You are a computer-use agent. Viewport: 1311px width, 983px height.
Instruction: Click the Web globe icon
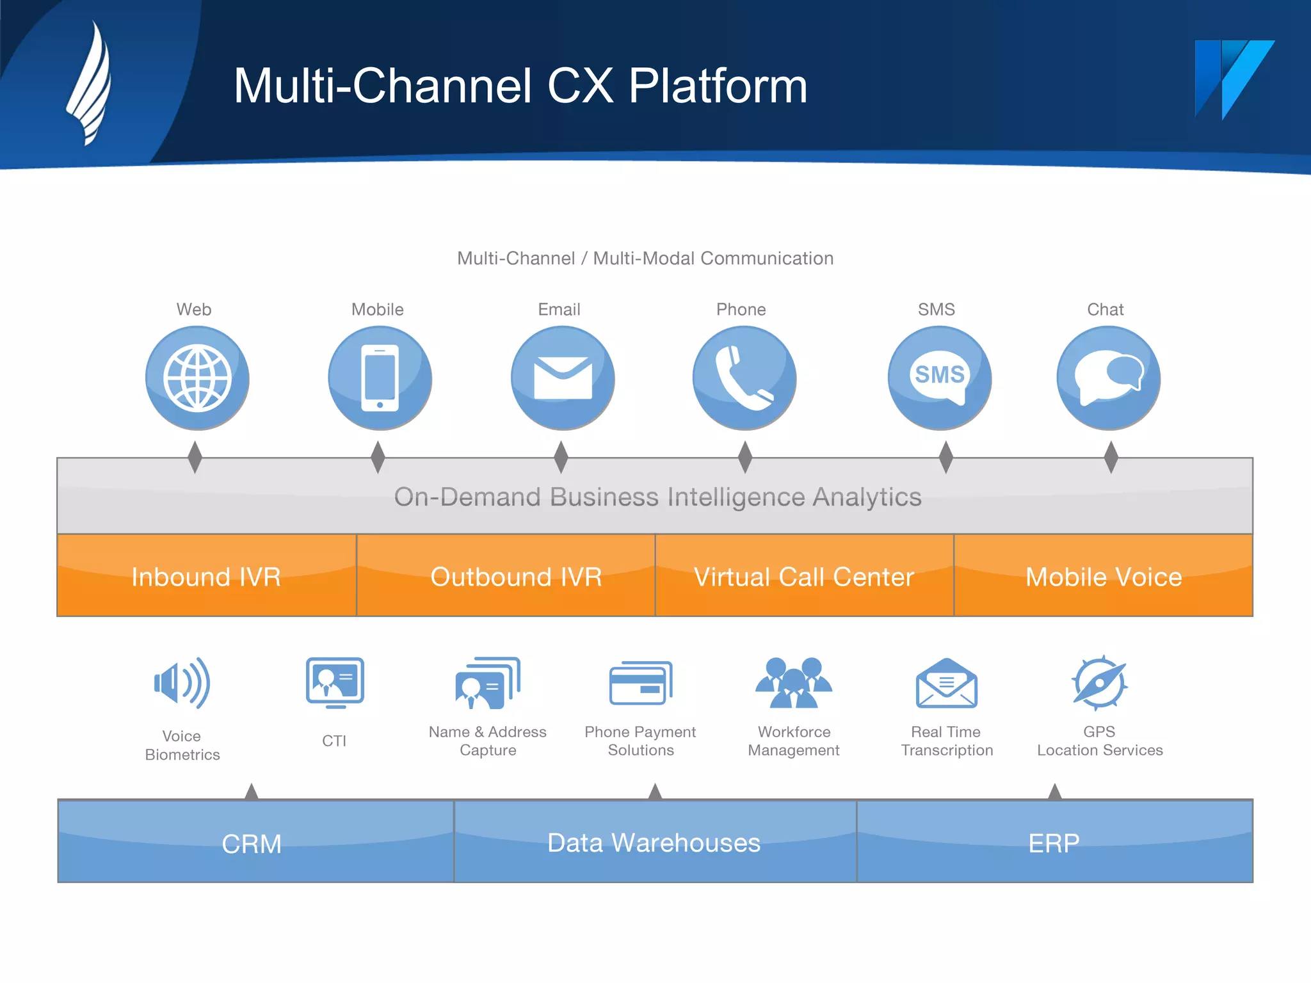click(197, 378)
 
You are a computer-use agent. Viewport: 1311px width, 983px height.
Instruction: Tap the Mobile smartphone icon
click(380, 378)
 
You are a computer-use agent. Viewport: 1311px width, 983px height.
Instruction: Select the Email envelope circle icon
click(563, 378)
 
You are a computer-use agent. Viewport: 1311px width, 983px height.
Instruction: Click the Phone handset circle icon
click(744, 378)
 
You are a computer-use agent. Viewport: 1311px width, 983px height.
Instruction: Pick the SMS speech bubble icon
click(940, 378)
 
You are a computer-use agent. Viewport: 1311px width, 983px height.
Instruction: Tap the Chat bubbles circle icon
click(1108, 378)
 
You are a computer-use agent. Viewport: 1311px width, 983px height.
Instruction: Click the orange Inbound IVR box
click(206, 575)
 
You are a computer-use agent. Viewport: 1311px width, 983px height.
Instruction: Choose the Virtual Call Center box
click(804, 575)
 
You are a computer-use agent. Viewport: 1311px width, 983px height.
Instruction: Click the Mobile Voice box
click(1103, 575)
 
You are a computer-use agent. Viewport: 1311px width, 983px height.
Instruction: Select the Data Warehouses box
click(654, 842)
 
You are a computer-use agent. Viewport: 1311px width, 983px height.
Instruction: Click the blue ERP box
click(1054, 842)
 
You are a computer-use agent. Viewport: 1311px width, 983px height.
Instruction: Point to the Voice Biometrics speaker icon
click(182, 683)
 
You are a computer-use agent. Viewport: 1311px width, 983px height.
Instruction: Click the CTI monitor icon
click(335, 682)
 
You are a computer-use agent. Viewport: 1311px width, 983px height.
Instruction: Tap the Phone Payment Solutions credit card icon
click(640, 683)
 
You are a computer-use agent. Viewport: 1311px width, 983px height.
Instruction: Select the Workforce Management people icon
click(794, 683)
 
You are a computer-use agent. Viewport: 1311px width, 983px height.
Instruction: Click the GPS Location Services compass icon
click(1099, 683)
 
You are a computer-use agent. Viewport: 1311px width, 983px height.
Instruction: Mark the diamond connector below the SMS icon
click(945, 457)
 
